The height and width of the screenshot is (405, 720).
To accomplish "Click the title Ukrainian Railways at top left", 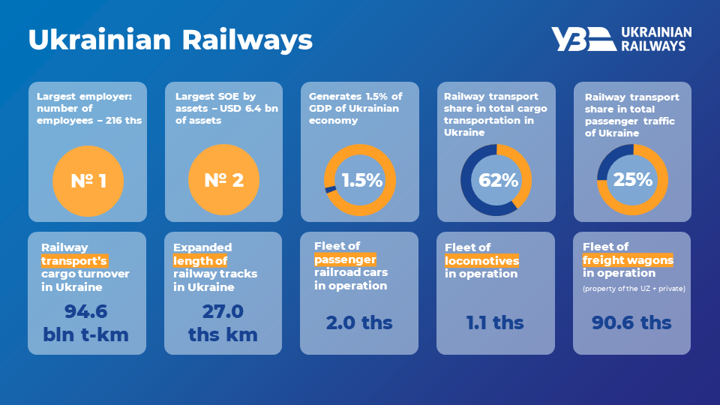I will (170, 40).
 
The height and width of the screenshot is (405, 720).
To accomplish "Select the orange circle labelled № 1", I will (87, 180).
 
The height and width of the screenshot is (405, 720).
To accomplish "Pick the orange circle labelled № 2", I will (223, 180).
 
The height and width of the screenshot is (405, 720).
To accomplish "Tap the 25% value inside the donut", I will (632, 180).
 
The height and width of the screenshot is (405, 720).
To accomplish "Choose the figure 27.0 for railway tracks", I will (223, 310).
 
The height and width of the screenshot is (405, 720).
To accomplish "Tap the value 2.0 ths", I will (359, 323).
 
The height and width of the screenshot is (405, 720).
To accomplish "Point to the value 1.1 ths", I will (495, 323).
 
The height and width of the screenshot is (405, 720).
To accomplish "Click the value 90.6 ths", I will (632, 323).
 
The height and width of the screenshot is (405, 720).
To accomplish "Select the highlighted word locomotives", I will (481, 261).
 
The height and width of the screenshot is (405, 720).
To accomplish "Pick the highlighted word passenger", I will (345, 259).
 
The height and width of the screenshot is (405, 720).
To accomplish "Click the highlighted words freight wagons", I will (628, 260).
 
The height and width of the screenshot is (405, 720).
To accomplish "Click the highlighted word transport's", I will (74, 261).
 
